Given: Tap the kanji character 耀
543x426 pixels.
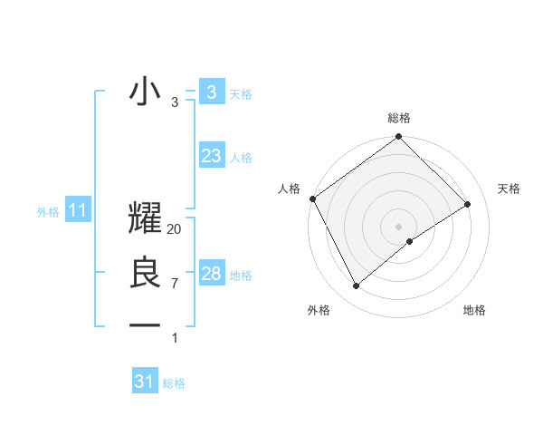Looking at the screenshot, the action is tap(145, 220).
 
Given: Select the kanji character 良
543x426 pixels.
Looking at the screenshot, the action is tap(145, 274).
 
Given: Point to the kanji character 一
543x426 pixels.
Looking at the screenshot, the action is tap(145, 324).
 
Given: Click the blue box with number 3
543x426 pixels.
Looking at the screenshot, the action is tap(211, 92).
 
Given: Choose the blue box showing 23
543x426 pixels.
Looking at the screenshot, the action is tap(211, 156).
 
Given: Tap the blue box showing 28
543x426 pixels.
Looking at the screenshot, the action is tap(211, 274).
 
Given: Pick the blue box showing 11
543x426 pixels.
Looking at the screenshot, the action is tap(77, 211).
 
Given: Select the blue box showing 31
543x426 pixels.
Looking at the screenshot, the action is tap(145, 382).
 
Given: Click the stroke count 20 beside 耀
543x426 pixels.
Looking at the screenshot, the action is tap(175, 229).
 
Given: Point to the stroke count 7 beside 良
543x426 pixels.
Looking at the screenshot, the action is tap(175, 284).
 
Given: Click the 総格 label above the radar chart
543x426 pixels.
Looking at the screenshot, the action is tap(399, 118).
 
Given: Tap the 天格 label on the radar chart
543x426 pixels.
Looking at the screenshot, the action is tap(510, 189).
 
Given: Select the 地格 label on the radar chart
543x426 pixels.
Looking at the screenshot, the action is tap(474, 310).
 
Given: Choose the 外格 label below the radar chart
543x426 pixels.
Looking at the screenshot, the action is tap(319, 310).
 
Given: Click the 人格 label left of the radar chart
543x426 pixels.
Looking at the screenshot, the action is tap(289, 189).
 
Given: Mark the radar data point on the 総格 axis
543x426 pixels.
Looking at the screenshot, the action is tap(399, 138).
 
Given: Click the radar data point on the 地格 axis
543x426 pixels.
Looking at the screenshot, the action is tap(410, 241).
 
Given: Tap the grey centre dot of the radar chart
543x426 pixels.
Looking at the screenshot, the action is tap(399, 226).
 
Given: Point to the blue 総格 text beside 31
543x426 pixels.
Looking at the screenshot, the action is tap(175, 383).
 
